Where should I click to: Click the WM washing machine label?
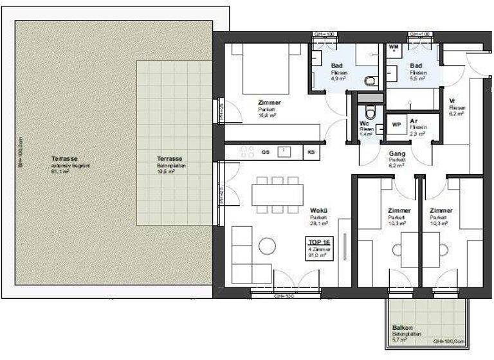tap(394, 47)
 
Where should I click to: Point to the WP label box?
tap(396, 124)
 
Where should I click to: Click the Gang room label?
tap(396, 154)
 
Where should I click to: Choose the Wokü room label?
tap(318, 210)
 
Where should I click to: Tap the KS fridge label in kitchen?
tap(311, 152)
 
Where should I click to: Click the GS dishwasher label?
tap(265, 152)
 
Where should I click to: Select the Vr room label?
tap(453, 101)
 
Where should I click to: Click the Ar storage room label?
tap(414, 121)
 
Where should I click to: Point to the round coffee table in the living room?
tap(266, 245)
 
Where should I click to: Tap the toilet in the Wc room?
tap(365, 107)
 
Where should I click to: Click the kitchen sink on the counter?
tap(283, 152)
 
